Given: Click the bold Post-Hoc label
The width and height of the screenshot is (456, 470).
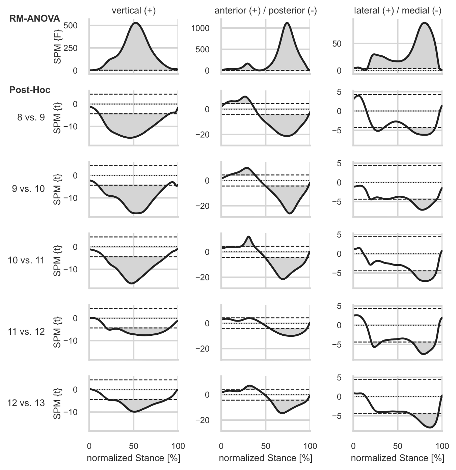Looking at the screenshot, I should [x=30, y=90].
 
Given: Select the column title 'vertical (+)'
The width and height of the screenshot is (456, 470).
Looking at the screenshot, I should [x=134, y=10].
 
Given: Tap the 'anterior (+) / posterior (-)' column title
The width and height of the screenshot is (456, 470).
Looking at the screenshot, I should [x=266, y=10].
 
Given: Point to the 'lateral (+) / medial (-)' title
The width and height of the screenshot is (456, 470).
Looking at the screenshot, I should [x=398, y=10].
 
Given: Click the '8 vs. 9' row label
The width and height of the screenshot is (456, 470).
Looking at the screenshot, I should [x=31, y=117].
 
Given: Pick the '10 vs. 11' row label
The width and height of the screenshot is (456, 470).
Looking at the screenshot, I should [x=26, y=260].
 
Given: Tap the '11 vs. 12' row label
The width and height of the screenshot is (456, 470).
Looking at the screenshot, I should [x=26, y=331].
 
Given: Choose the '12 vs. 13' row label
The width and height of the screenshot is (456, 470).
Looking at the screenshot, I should [x=26, y=403].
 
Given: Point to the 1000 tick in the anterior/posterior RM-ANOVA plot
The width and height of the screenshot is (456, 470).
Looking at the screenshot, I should [x=200, y=28].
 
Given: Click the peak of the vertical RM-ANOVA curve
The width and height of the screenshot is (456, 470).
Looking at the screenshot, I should [x=136, y=23].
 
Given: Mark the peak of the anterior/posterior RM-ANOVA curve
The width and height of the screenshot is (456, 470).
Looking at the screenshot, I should [x=287, y=23].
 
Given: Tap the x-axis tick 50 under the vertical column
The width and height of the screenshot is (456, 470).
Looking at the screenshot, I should [x=134, y=446].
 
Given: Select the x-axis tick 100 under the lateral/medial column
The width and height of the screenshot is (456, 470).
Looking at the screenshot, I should [x=442, y=446].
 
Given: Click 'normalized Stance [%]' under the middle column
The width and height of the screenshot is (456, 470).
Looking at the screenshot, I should [x=266, y=458].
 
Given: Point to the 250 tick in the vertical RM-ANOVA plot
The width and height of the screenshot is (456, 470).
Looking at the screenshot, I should [x=71, y=48].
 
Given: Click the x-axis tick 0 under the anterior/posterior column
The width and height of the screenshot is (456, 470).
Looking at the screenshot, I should [x=221, y=446].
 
